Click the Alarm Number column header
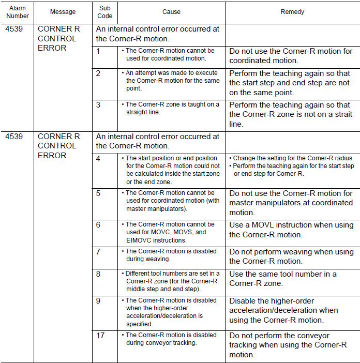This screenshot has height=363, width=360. tap(18, 12)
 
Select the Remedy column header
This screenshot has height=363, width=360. tap(292, 12)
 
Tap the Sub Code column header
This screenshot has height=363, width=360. tap(105, 12)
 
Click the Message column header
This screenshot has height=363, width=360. tap(63, 12)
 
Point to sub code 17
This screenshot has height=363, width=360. tap(101, 336)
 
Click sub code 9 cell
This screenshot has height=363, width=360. tap(99, 301)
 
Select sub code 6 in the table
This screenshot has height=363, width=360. tap(99, 225)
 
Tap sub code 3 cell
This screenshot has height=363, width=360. tap(99, 105)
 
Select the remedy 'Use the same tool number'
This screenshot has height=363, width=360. tap(283, 279)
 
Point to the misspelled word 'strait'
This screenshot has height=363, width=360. tap(341, 114)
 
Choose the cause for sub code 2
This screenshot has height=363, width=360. tap(171, 81)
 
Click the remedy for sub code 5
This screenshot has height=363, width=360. tap(291, 203)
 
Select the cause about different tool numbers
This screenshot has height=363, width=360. tap(171, 281)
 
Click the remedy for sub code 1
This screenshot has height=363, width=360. tap(291, 55)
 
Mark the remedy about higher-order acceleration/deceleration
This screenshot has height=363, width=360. tap(283, 310)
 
